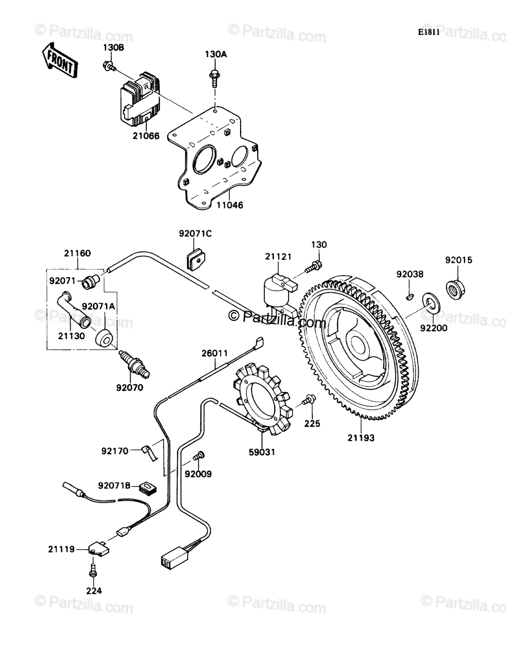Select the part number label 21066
pyautogui.click(x=146, y=136)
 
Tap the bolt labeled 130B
pyautogui.click(x=109, y=66)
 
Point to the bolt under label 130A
pyautogui.click(x=215, y=78)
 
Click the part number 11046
pyautogui.click(x=230, y=205)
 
